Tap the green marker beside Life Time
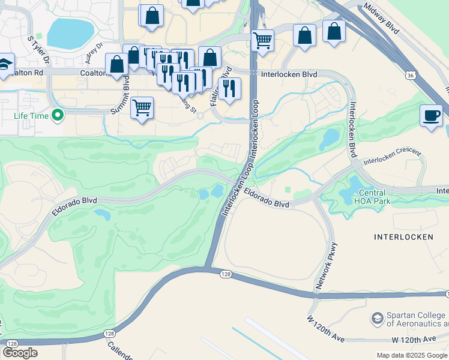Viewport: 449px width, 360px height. pos(58,114)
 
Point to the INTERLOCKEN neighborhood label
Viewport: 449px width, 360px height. pos(403,237)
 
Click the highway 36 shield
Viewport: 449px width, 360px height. pos(409,76)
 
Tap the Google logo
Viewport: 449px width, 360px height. pos(20,353)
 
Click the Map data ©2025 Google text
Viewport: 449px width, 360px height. pos(411,355)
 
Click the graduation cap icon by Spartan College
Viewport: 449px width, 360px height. pos(378,317)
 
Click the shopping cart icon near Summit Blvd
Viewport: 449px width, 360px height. pos(142,109)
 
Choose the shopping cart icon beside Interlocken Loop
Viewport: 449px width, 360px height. pos(262,41)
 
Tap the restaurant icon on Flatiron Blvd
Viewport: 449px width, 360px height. pos(229,89)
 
